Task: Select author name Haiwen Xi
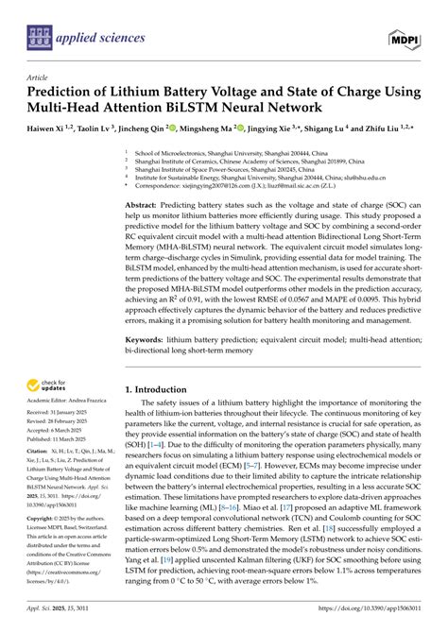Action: (50, 127)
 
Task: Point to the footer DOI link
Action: (387, 623)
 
